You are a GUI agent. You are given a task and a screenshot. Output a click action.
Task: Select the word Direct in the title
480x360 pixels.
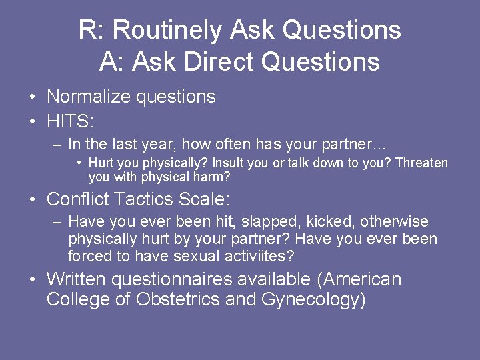220,62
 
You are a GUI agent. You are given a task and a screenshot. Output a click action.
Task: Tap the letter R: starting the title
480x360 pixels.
91,31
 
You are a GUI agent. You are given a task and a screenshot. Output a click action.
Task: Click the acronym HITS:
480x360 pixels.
71,122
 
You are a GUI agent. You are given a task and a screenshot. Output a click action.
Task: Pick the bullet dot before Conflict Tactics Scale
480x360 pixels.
33,199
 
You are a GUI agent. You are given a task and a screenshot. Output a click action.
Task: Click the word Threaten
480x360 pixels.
422,163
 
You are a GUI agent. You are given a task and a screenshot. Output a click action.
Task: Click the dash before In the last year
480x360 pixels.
58,144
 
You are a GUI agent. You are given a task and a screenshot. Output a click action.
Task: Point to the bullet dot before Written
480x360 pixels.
33,279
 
